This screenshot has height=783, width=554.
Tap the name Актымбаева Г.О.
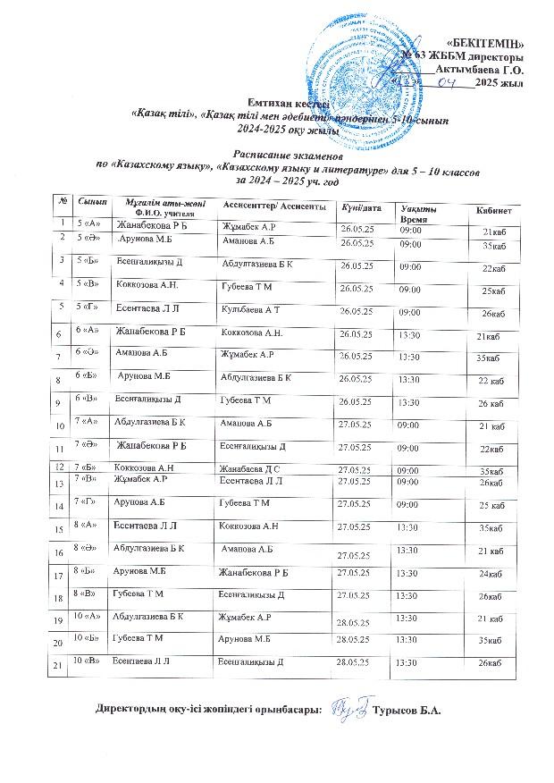coord(485,68)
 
